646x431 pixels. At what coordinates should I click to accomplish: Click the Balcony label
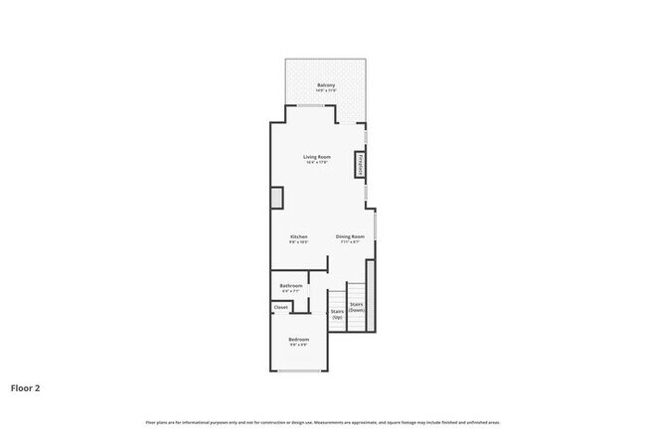325,85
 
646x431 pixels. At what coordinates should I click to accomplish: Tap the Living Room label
317,157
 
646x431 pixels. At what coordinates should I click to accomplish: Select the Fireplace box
359,166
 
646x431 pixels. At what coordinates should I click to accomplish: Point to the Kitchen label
298,236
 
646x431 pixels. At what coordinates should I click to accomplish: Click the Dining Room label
350,236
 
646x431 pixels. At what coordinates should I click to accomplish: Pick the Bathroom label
290,286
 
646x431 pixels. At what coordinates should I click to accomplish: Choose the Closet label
280,307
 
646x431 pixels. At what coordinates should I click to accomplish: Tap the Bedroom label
298,340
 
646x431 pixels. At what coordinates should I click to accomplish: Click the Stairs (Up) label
337,313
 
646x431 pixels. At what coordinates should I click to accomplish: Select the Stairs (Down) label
357,307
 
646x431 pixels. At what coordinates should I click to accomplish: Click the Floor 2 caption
26,388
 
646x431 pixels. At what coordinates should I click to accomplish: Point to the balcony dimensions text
325,91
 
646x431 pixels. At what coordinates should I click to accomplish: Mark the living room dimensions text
317,163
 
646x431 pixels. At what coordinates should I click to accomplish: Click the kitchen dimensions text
298,242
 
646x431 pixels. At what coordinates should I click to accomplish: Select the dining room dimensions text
350,242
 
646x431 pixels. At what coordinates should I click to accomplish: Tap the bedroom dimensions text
298,346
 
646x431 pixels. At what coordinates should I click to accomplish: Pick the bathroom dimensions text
290,291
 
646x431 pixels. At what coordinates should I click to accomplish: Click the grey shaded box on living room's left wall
277,197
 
